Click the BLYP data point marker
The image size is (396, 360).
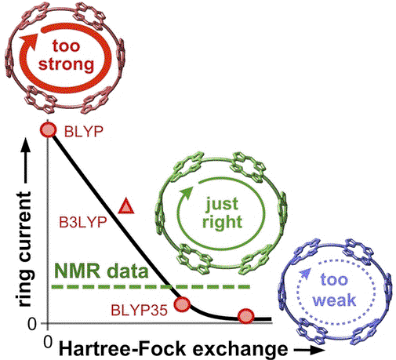(x=48, y=129)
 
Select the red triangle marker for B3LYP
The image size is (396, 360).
(x=126, y=206)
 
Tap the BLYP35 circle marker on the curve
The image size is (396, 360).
(x=182, y=304)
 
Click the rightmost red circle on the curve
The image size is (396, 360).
(x=245, y=316)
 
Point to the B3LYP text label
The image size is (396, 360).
(x=83, y=223)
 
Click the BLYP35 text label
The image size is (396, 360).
(x=139, y=311)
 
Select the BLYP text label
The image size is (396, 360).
(x=84, y=131)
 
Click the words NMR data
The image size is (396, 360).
(x=101, y=271)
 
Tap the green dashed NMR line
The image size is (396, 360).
(x=151, y=287)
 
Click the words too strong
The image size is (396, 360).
(x=66, y=55)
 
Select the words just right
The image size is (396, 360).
(x=222, y=213)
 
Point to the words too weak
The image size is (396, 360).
(x=334, y=289)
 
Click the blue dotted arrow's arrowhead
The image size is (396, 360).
(x=305, y=273)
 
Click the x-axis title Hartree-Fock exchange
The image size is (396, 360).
(x=173, y=349)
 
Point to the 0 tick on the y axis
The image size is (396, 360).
(x=32, y=324)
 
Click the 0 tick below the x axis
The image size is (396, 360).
(x=48, y=342)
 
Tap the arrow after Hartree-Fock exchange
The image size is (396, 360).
(x=309, y=351)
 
